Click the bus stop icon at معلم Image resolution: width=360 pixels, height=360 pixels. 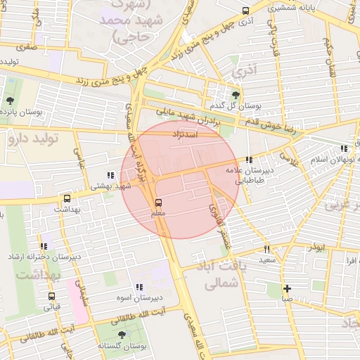(158, 202)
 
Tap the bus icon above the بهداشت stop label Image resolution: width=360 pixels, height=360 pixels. (67, 199)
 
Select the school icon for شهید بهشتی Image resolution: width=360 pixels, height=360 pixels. (109, 175)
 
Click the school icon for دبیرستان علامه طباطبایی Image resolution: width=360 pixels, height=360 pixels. (249, 161)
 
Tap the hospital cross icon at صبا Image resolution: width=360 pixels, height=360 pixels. (287, 288)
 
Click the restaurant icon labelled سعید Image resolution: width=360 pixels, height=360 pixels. (266, 249)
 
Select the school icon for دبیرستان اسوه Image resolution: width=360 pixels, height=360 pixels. (139, 287)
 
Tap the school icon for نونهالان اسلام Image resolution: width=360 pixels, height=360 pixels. (344, 148)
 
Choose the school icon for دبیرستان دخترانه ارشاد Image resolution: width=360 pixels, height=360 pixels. (44, 246)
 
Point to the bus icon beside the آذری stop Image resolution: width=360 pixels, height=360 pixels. (245, 11)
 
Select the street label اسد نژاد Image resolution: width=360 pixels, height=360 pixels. (188, 133)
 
